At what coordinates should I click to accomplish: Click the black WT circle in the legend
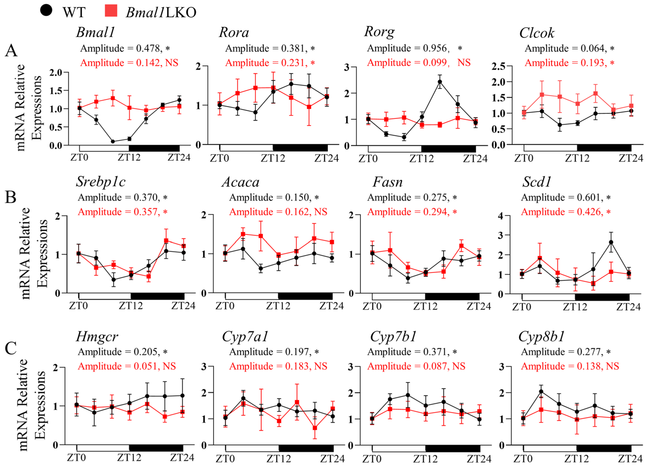click(46, 11)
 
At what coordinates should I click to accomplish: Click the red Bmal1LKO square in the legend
click(111, 11)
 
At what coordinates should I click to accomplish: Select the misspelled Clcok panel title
click(537, 33)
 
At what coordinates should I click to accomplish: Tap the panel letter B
click(11, 197)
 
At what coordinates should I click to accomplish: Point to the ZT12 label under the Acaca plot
click(278, 306)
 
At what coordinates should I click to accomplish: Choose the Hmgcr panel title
click(97, 337)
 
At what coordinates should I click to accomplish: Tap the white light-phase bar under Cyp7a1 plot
click(252, 448)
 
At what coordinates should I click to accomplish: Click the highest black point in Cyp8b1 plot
click(541, 392)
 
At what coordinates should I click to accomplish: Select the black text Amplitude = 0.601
click(562, 198)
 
